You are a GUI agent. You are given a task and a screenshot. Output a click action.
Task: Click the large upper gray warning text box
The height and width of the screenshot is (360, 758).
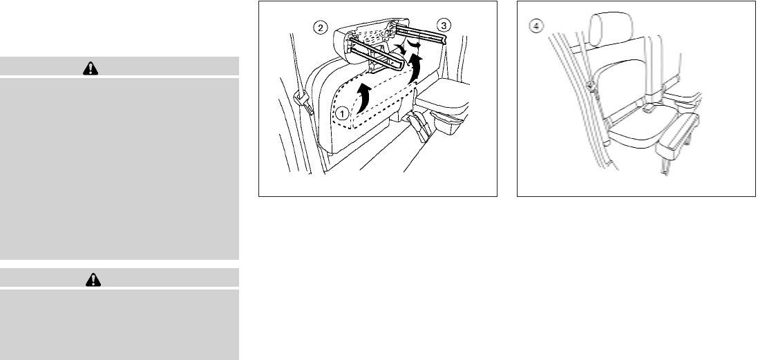[x=120, y=167]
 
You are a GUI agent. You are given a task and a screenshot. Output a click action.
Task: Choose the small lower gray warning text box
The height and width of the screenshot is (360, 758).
[x=120, y=323]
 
